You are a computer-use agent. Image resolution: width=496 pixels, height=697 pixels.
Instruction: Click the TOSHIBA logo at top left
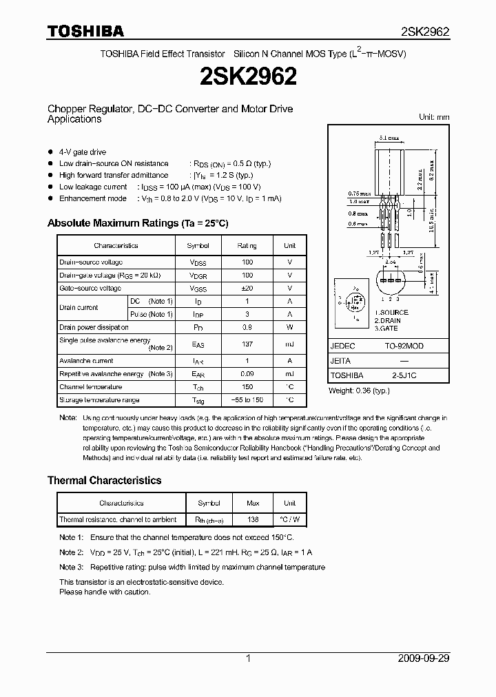click(x=85, y=31)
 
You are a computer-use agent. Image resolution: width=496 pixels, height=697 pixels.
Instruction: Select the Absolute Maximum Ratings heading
click(x=138, y=223)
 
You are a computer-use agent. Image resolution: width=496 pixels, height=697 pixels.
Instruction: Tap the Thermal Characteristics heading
click(x=104, y=480)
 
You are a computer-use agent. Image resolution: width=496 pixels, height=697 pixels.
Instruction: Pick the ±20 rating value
click(x=247, y=288)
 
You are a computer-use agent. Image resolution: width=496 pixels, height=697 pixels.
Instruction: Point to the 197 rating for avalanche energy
click(x=247, y=344)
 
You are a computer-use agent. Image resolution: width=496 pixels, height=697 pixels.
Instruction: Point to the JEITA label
click(x=341, y=361)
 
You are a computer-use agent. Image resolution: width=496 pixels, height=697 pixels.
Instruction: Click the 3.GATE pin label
click(x=388, y=329)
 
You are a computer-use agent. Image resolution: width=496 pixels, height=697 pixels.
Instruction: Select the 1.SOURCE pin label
click(x=391, y=313)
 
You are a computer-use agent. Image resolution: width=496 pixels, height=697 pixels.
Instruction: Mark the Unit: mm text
click(x=434, y=117)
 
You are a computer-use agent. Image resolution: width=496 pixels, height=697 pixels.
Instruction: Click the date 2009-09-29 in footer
click(x=424, y=658)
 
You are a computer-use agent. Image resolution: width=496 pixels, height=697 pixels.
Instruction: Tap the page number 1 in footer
click(x=248, y=658)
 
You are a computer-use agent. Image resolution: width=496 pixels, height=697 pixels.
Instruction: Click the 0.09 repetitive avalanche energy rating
click(x=247, y=374)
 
